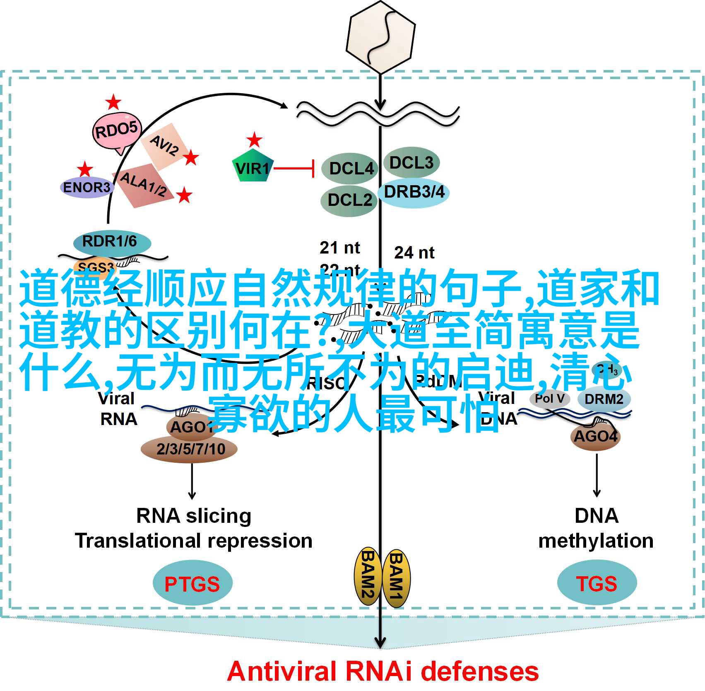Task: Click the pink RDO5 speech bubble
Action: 116,131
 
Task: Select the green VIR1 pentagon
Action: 253,168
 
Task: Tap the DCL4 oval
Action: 350,168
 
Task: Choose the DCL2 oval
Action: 349,201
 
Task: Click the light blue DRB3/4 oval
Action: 414,192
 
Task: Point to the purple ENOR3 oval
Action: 87,187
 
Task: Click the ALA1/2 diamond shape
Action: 143,185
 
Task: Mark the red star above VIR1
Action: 254,140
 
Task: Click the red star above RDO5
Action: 113,102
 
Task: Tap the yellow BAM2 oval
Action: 367,579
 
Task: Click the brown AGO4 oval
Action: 596,436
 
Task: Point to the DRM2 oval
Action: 604,399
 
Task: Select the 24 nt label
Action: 414,253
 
